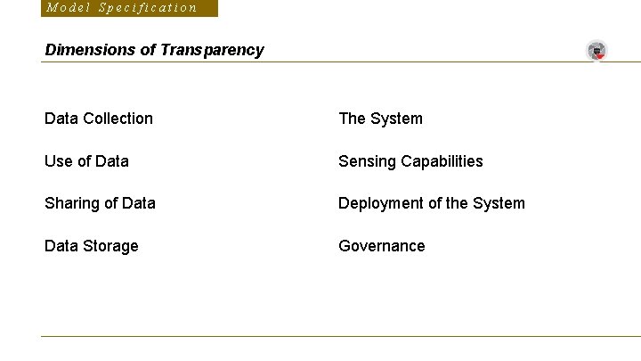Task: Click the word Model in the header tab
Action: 67,8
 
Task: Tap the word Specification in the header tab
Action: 148,8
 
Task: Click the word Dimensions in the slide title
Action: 91,50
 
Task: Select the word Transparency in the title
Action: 212,50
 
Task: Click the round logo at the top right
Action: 596,51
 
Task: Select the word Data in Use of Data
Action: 111,161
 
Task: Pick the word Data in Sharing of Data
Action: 138,203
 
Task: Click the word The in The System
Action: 352,119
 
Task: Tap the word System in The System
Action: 396,119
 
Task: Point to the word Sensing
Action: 367,161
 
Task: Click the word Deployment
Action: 380,203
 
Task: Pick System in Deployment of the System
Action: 499,203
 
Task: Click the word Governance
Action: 382,246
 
